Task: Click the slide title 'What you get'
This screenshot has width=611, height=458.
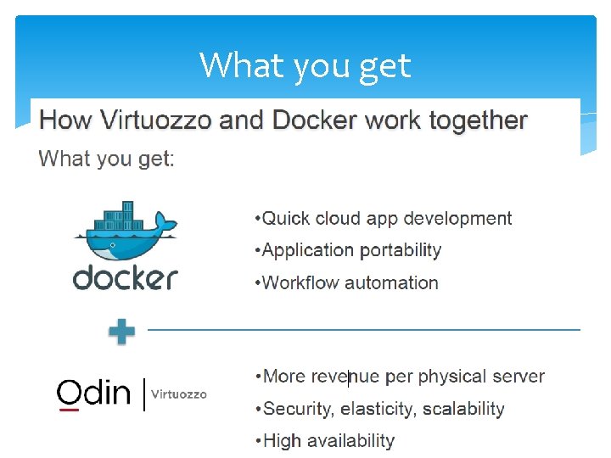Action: click(x=305, y=66)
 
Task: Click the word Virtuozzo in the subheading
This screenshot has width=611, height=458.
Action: click(x=156, y=120)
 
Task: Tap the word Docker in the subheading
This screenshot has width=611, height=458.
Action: click(x=314, y=120)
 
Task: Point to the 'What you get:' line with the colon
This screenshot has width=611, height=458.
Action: click(x=106, y=159)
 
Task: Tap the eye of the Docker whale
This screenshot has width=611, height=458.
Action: click(x=113, y=245)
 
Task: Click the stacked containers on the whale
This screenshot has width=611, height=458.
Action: click(x=119, y=215)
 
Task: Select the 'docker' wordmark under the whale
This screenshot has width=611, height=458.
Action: click(x=125, y=277)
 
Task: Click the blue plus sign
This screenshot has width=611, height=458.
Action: click(x=122, y=332)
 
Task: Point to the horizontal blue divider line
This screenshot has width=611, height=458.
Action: click(x=364, y=330)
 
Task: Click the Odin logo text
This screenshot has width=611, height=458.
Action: click(x=93, y=393)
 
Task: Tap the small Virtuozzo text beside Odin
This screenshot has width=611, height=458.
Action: click(x=179, y=394)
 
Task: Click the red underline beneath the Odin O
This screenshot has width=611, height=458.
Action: click(x=69, y=410)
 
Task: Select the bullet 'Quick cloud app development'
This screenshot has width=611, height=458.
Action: click(x=384, y=219)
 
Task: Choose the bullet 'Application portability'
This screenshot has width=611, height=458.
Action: click(x=348, y=251)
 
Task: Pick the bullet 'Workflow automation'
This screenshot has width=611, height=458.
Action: click(x=346, y=282)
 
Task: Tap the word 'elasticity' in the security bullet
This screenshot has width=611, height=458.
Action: click(x=376, y=410)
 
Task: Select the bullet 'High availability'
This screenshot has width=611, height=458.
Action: click(x=325, y=441)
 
